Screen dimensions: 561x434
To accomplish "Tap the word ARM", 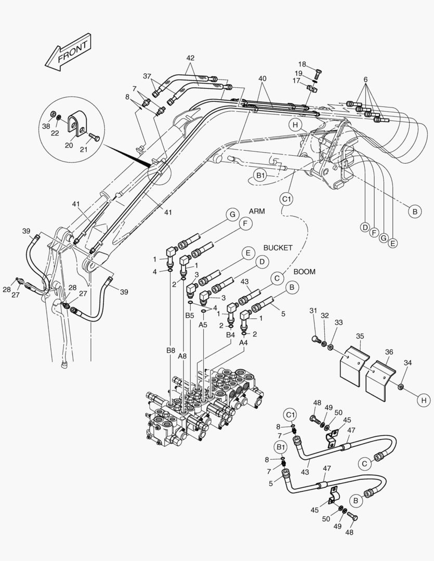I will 257,211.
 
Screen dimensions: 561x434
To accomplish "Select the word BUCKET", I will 278,248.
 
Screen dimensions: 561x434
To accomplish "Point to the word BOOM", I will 304,271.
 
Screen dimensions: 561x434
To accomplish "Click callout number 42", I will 190,58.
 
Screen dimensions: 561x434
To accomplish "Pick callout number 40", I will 262,78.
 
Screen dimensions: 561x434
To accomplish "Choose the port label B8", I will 170,351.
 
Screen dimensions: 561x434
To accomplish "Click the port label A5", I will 203,324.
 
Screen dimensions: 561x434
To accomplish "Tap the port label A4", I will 243,343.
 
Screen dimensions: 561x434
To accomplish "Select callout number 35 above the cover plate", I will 359,336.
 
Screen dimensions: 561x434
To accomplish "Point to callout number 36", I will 389,352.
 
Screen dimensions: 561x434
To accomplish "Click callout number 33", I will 338,323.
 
